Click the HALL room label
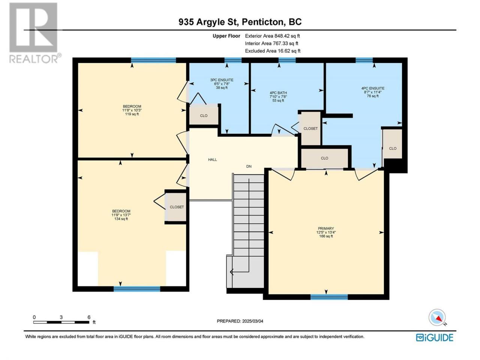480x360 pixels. [212, 160]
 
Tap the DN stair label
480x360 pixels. [249, 166]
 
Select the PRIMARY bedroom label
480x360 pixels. [326, 228]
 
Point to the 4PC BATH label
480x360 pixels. [278, 93]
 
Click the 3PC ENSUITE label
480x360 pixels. [222, 80]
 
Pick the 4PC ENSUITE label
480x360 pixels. [373, 88]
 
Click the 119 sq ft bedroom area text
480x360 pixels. [132, 114]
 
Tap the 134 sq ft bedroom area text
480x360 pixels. [121, 219]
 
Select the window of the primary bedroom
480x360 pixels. [329, 297]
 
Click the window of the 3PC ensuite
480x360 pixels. [233, 60]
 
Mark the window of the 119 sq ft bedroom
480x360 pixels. [153, 60]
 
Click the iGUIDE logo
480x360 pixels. [435, 337]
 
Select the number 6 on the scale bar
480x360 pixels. [89, 317]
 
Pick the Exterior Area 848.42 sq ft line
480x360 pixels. [272, 36]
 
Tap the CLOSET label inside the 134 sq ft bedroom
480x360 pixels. [177, 207]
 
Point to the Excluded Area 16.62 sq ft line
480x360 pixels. [273, 51]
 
